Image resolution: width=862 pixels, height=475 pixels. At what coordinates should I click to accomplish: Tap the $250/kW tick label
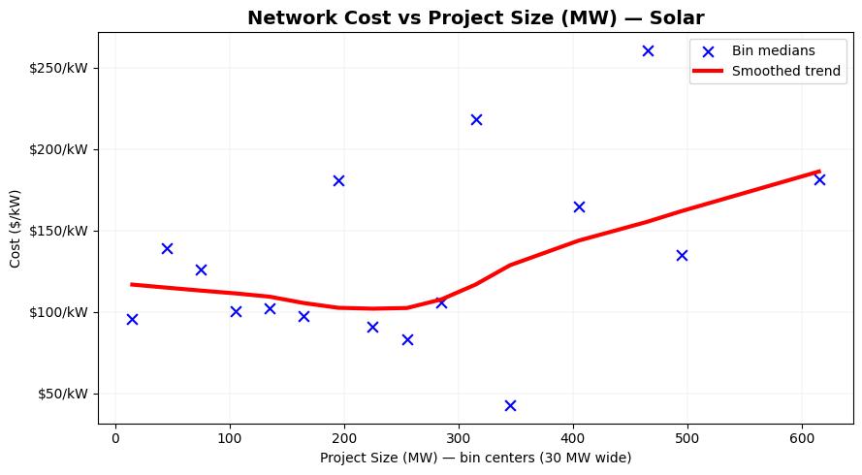(62, 68)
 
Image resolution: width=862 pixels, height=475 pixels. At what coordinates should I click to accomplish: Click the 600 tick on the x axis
(802, 438)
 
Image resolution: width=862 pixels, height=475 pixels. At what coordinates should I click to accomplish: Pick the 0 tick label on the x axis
(115, 438)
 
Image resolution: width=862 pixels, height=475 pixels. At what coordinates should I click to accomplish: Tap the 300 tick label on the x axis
(459, 438)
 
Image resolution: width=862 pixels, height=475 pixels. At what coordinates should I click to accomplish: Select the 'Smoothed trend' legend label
(785, 71)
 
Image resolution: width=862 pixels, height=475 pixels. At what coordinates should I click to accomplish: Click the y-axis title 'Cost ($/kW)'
(16, 229)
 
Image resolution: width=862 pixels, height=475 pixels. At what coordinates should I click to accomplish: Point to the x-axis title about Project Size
(475, 458)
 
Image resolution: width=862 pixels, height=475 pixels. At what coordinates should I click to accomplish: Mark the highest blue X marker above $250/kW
(648, 50)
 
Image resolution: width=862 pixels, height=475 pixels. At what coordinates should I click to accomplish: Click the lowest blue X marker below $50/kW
(510, 405)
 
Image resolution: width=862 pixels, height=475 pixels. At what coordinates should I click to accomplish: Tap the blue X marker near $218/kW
(476, 119)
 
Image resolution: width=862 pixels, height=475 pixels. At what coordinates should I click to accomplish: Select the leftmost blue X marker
(132, 319)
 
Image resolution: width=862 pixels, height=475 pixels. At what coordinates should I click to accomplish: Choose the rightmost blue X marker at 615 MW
(819, 179)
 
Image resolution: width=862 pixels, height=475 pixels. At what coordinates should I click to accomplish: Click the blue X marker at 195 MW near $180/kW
(338, 180)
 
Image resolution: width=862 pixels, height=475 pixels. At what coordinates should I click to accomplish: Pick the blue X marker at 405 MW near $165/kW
(579, 206)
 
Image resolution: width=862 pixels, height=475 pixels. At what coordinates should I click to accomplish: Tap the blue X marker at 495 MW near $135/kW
(682, 255)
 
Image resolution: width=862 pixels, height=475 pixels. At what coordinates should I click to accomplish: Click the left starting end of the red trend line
(133, 285)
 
